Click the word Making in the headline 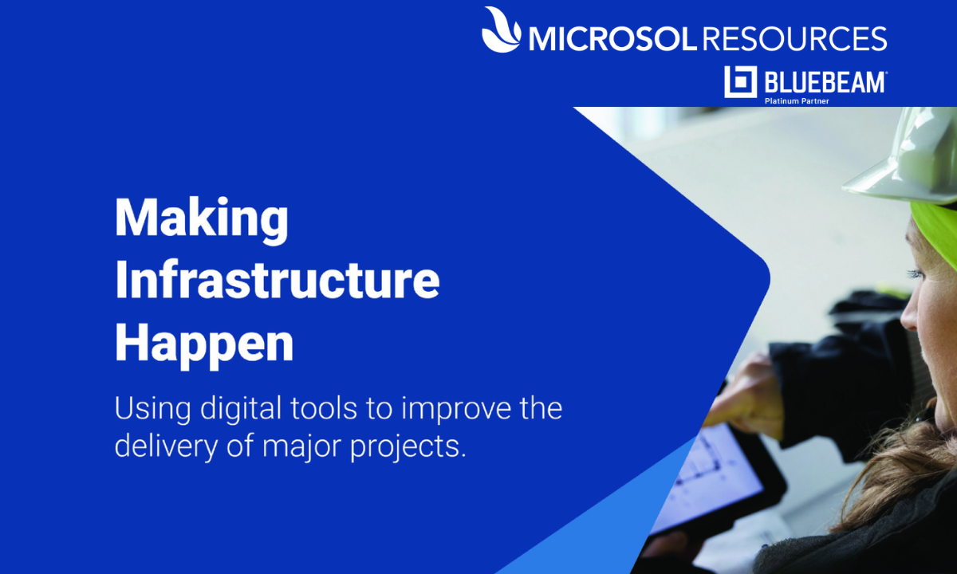click(x=202, y=220)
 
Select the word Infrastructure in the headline click(x=278, y=280)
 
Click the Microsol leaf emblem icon click(x=501, y=29)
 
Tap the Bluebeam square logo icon click(x=740, y=81)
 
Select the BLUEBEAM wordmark click(x=825, y=82)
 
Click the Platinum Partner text click(x=797, y=101)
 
